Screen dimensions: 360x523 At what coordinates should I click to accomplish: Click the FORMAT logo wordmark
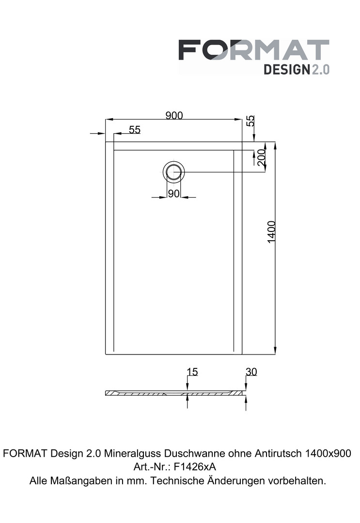click(254, 50)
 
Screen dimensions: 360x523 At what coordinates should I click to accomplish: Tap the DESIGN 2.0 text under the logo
click(297, 69)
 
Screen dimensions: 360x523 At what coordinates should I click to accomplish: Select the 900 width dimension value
click(174, 115)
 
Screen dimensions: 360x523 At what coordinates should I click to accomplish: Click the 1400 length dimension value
click(272, 232)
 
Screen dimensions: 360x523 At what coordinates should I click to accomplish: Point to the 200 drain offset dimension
click(262, 158)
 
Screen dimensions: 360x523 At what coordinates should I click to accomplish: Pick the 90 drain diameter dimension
click(174, 193)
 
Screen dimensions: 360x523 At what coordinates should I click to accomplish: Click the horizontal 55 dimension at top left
click(135, 129)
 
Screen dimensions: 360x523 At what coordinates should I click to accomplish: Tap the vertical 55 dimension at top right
click(250, 121)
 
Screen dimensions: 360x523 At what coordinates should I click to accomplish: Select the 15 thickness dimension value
click(192, 371)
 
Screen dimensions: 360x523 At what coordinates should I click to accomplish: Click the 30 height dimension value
click(251, 371)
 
